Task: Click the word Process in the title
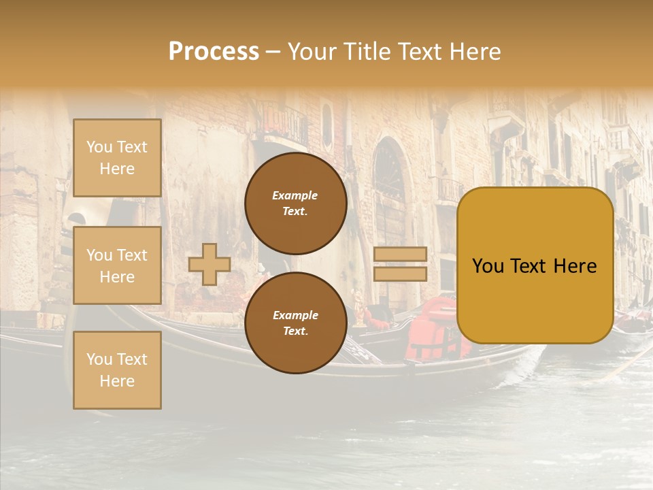point(214,52)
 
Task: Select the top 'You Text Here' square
point(117,158)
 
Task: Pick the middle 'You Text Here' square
point(117,265)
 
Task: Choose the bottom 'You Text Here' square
point(117,370)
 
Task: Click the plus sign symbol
point(210,264)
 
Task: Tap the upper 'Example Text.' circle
point(295,203)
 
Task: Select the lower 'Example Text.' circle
point(295,323)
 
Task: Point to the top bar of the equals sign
point(400,254)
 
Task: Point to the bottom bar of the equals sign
point(400,274)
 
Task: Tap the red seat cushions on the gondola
point(435,327)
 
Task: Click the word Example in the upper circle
point(295,195)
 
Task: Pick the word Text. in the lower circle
point(295,331)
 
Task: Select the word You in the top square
point(99,147)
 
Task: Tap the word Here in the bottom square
point(117,381)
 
